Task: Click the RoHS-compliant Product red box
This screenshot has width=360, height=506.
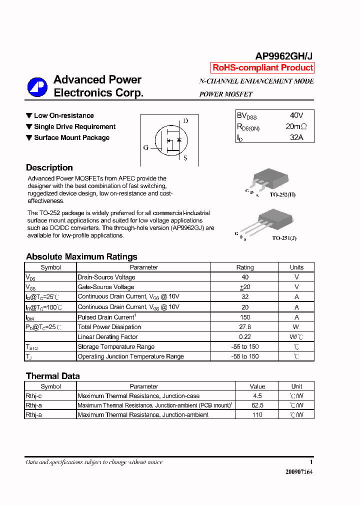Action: point(262,67)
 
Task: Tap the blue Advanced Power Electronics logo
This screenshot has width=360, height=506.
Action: point(37,87)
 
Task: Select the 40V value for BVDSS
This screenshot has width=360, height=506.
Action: point(296,115)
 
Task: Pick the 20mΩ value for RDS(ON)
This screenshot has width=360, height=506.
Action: point(296,126)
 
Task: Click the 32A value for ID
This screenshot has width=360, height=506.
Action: point(296,137)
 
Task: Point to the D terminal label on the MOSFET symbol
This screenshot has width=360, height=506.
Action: point(185,121)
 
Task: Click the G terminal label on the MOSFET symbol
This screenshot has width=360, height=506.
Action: point(146,147)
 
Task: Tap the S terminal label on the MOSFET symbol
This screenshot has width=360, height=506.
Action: point(185,158)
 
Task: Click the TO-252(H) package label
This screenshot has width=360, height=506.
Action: point(283,194)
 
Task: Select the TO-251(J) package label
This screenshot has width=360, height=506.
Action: point(284,238)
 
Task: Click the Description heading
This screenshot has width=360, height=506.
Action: point(49,168)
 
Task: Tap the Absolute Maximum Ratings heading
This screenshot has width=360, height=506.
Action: point(81,256)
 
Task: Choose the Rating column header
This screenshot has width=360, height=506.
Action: point(244,267)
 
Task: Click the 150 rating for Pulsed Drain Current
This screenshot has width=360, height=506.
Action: point(244,317)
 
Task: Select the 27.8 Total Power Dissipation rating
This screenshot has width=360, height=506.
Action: point(244,327)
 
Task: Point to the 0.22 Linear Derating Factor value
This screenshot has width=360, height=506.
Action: point(244,337)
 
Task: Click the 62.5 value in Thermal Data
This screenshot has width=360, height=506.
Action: point(257,405)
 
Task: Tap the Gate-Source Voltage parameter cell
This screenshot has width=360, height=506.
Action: point(106,287)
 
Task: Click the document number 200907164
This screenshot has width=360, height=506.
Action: point(299,472)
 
